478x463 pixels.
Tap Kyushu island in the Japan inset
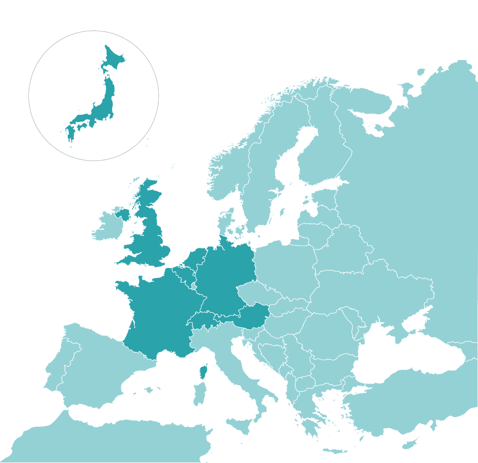click(71, 133)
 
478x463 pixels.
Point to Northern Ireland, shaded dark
click(123, 214)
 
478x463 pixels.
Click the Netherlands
click(195, 259)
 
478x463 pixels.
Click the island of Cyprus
click(410, 444)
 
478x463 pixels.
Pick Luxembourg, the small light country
click(194, 286)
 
